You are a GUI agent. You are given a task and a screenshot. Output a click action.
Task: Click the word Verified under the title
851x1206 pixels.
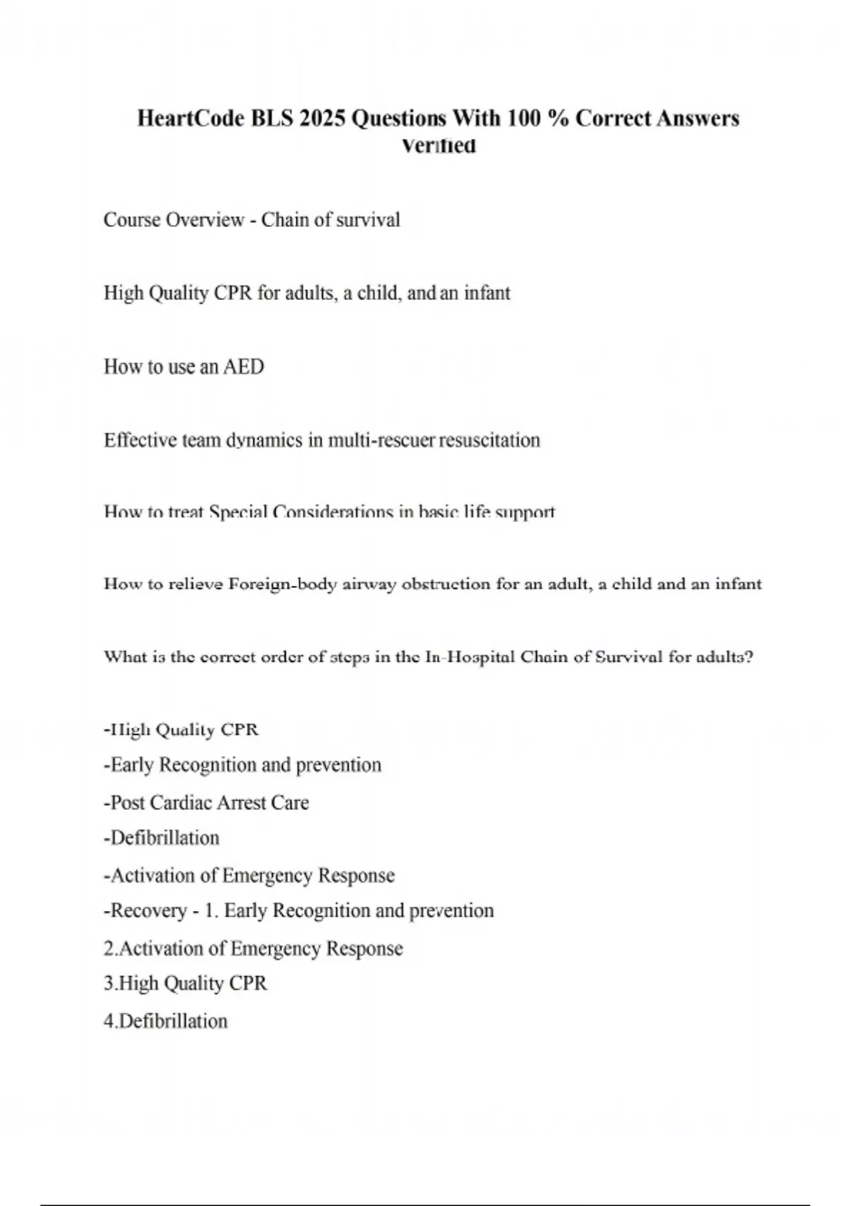click(438, 146)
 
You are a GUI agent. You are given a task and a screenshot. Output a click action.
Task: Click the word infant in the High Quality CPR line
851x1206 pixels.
click(487, 293)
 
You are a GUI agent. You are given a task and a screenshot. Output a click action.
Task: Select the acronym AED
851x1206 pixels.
click(243, 367)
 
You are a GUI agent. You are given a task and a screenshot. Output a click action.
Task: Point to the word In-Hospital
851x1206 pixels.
click(470, 657)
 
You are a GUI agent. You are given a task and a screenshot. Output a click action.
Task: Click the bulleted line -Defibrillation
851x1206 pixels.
click(162, 839)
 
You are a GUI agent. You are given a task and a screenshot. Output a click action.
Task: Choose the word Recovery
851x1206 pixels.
click(148, 911)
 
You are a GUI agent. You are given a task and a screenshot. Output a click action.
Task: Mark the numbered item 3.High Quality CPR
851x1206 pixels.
click(185, 984)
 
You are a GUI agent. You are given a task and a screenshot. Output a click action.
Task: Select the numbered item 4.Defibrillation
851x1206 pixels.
click(166, 1022)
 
